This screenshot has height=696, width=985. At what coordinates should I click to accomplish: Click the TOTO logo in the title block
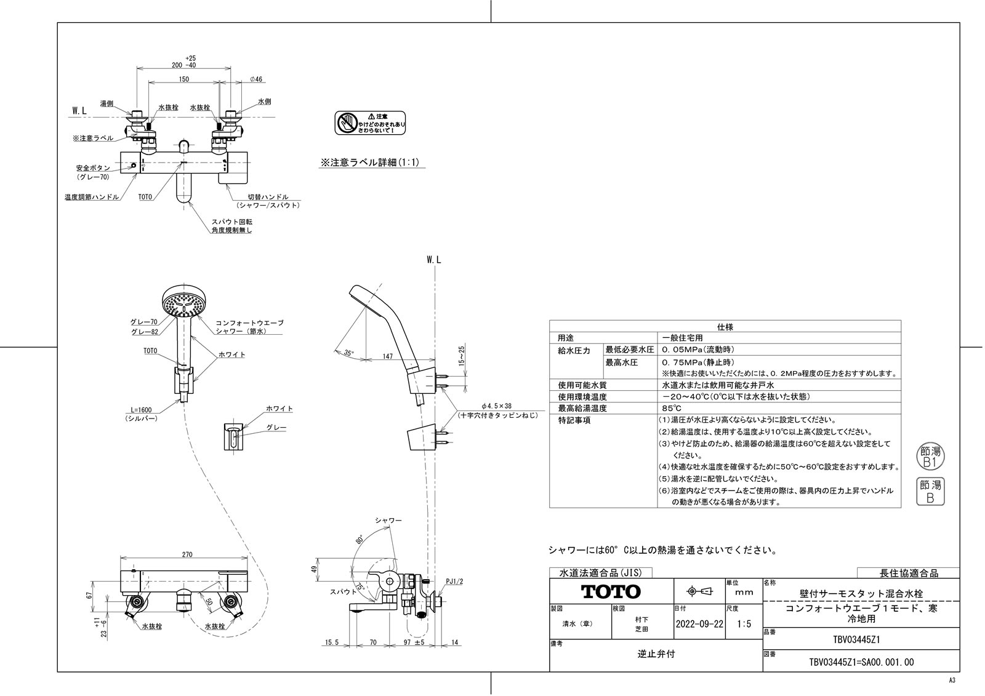611,591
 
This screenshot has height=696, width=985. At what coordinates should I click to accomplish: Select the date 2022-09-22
699,623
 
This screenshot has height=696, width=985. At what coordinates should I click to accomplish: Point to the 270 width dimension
187,554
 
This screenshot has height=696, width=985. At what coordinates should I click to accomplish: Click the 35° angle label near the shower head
348,353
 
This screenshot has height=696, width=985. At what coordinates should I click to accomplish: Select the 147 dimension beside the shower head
387,356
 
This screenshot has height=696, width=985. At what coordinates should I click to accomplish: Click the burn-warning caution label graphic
370,122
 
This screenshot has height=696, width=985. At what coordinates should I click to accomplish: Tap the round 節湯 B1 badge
930,456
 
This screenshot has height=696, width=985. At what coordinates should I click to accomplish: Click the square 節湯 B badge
930,492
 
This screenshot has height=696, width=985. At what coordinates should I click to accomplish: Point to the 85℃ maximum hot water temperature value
672,408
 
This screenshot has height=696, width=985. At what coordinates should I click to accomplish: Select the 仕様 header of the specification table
725,327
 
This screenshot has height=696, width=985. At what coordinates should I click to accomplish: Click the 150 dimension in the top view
184,79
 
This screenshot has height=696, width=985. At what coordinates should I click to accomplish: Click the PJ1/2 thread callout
454,581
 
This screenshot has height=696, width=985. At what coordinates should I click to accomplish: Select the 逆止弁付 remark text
656,654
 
